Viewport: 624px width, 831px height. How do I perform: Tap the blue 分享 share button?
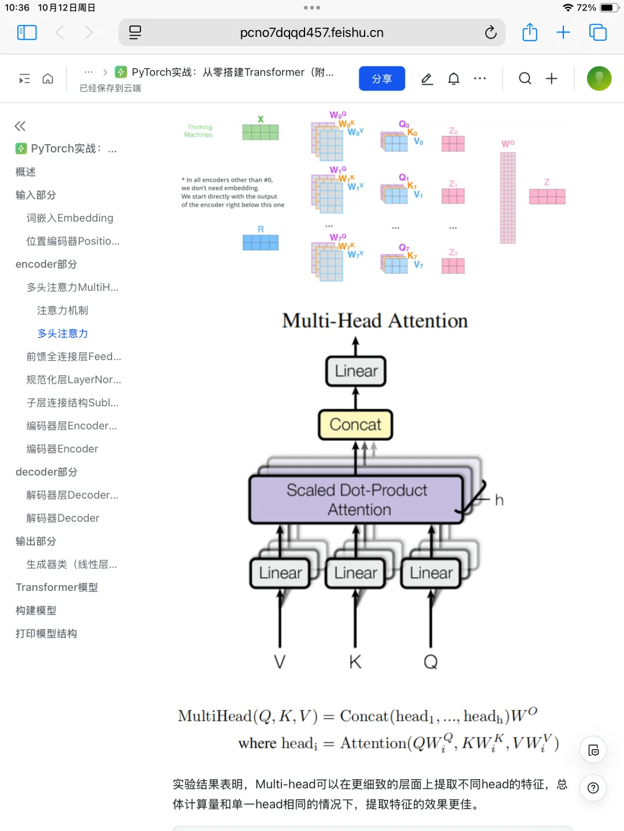pos(381,78)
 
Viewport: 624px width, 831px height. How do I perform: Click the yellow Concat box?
pos(355,425)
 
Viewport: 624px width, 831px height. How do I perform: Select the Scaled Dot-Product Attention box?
pos(356,500)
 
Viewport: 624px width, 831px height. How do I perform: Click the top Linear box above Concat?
pos(356,371)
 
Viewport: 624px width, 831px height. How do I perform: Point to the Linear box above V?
pos(280,573)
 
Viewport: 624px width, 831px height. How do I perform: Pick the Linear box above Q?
pos(431,573)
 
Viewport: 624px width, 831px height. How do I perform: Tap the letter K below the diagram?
pos(355,662)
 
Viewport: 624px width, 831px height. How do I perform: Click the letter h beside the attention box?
pos(499,500)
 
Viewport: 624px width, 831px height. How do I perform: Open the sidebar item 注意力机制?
pos(62,310)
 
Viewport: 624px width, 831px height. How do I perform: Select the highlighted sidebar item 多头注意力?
pos(62,334)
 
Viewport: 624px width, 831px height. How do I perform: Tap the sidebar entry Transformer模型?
pos(57,587)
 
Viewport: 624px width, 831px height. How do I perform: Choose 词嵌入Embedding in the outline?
pos(69,218)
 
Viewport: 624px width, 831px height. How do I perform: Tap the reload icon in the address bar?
pos(491,32)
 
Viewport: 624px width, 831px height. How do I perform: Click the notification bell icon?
pos(454,78)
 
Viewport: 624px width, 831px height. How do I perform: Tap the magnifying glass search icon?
pos(525,78)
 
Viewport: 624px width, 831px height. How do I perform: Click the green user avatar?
pos(599,78)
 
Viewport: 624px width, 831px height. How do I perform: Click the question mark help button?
pos(593,788)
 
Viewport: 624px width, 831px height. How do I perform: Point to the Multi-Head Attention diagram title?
pos(374,321)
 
